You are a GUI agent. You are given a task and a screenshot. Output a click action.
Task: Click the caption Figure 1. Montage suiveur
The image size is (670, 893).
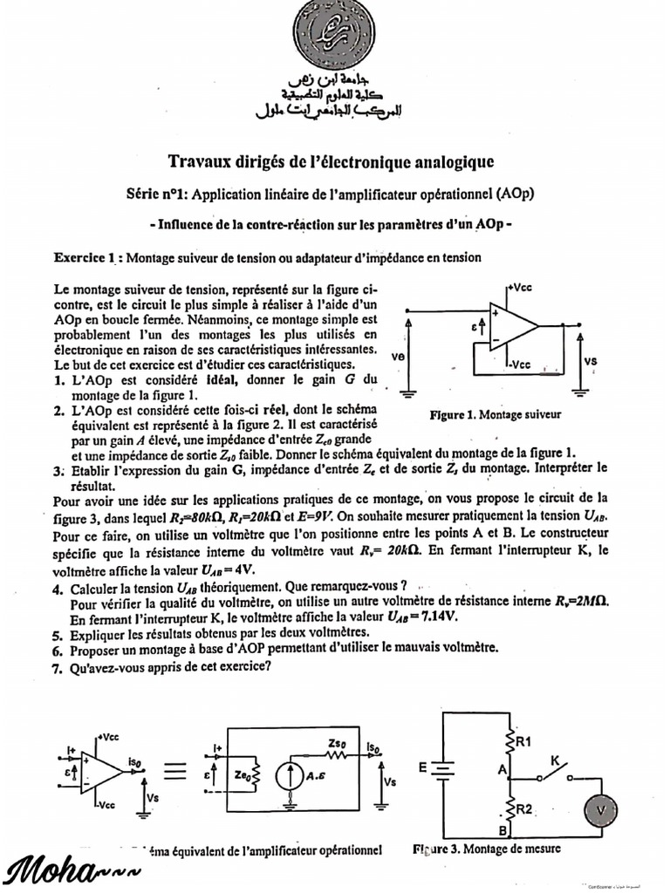(496, 415)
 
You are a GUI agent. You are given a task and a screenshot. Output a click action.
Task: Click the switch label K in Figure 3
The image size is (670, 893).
(554, 760)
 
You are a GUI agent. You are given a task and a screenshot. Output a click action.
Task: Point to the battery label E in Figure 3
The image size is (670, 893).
(422, 767)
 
